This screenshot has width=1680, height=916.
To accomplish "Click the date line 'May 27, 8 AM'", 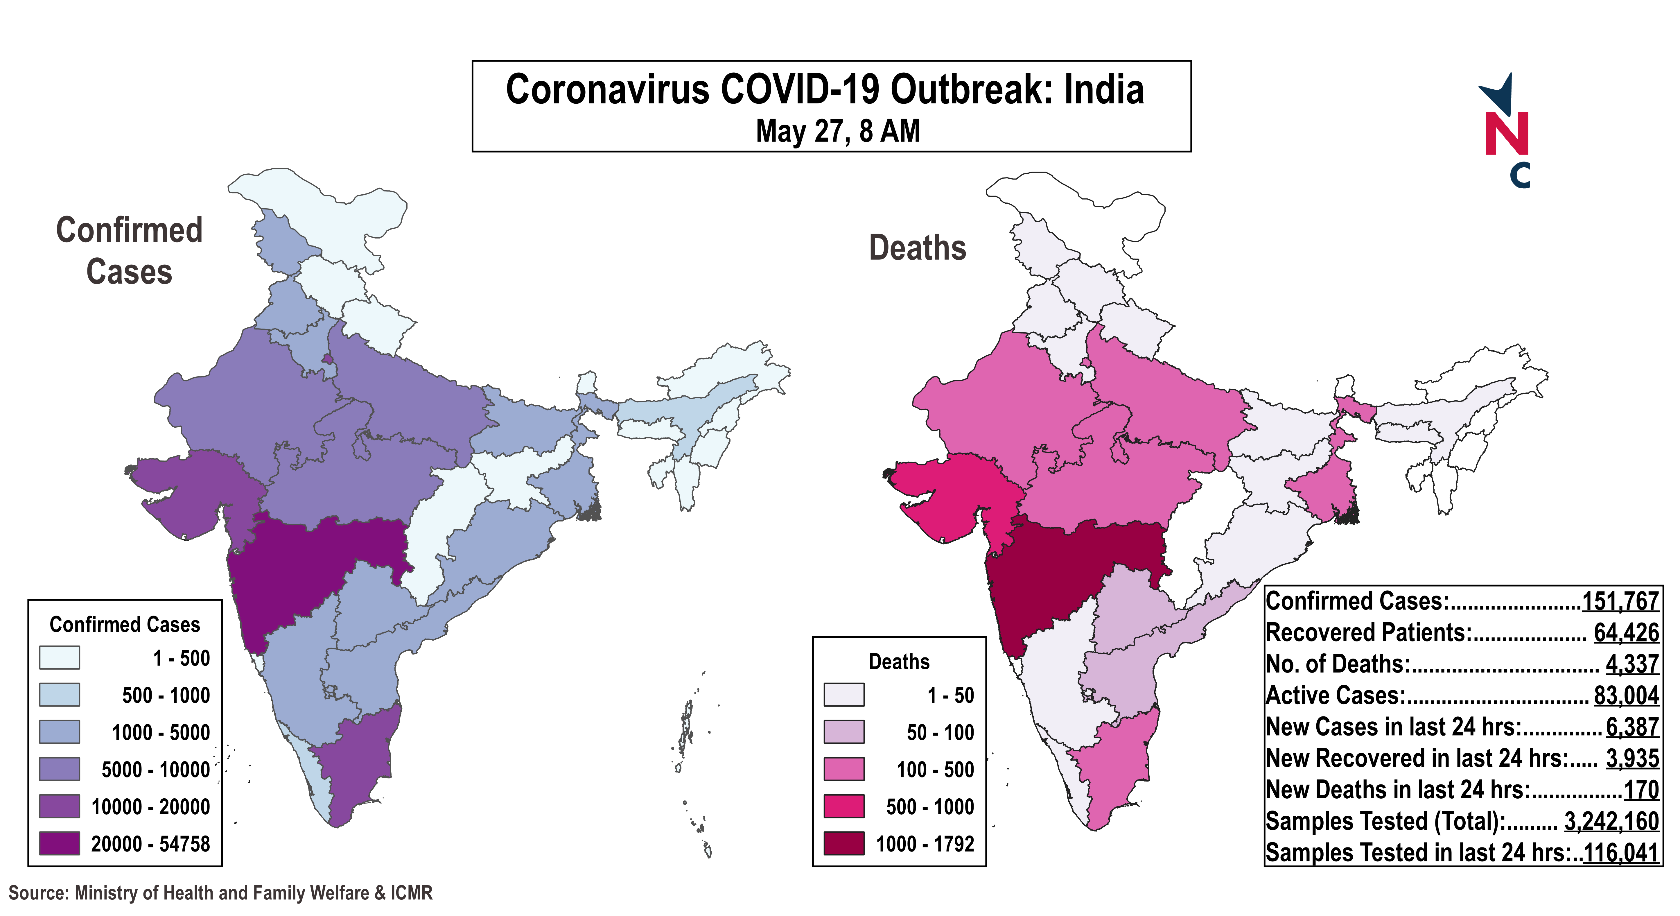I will (x=837, y=131).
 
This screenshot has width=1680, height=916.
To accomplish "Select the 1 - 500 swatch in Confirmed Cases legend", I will (x=59, y=658).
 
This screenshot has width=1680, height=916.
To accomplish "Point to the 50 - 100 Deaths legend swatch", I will (x=844, y=732).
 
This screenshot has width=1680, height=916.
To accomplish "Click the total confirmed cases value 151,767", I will (x=1620, y=601).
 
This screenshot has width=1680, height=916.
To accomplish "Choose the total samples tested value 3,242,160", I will (x=1611, y=821).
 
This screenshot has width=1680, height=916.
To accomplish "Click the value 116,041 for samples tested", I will (x=1620, y=852).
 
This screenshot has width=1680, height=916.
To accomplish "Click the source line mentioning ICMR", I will (x=220, y=892).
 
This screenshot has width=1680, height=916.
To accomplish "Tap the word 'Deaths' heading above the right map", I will (x=917, y=248).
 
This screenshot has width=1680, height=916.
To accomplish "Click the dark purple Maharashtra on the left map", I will (x=306, y=574).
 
